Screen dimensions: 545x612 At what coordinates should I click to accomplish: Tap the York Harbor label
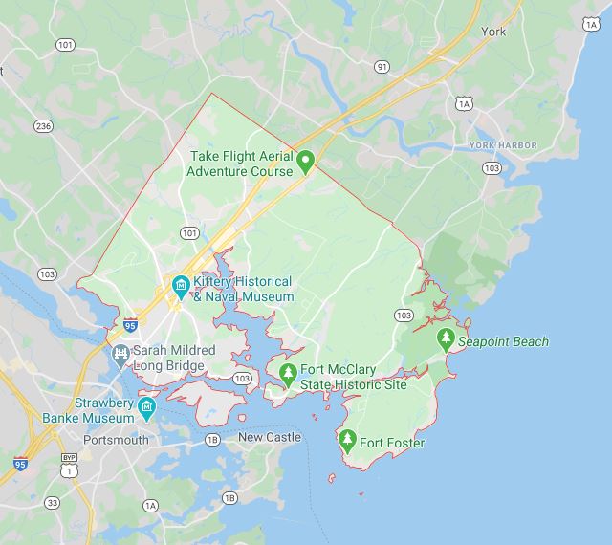click(503, 145)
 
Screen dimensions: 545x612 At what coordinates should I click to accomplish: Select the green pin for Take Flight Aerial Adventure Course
click(305, 162)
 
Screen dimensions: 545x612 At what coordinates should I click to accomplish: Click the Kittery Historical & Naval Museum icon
click(180, 285)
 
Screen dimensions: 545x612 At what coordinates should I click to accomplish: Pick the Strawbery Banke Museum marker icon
click(146, 409)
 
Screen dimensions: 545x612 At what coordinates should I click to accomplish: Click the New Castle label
click(270, 437)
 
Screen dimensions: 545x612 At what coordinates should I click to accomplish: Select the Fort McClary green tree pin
click(288, 373)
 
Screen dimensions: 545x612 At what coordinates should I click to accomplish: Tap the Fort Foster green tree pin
click(348, 441)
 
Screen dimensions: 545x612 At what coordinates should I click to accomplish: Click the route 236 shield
click(43, 125)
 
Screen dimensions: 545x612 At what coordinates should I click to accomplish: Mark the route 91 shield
click(382, 66)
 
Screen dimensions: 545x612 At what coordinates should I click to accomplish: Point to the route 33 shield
click(52, 502)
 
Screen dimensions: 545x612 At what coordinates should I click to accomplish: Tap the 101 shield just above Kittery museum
click(188, 232)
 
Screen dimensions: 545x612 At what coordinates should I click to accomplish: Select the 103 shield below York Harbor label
click(492, 167)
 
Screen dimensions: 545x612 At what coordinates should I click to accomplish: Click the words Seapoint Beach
click(504, 341)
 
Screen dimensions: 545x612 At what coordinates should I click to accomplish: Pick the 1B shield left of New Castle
click(212, 440)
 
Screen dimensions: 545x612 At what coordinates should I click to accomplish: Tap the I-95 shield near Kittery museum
click(130, 326)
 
